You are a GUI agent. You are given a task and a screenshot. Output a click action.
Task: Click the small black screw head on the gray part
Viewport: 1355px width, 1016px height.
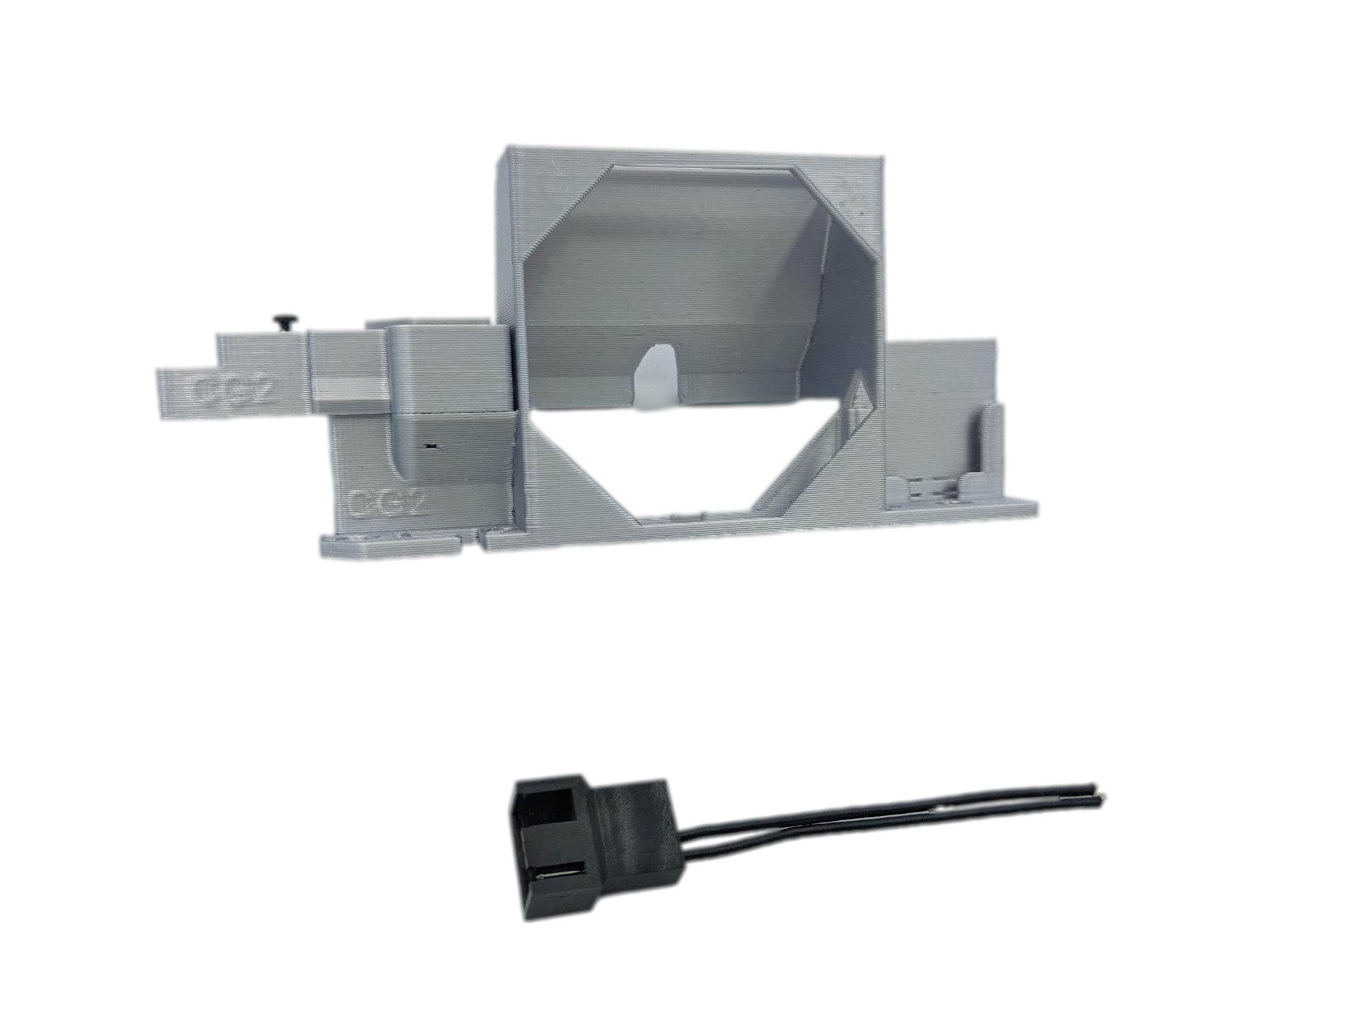(x=286, y=319)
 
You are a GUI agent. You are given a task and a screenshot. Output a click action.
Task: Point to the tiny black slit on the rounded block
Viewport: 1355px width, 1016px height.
(x=432, y=448)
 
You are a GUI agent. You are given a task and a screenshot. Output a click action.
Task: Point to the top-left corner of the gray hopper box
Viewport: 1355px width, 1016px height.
(x=504, y=145)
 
